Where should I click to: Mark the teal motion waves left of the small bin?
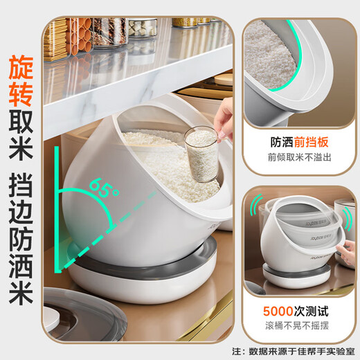tap(256, 208)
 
